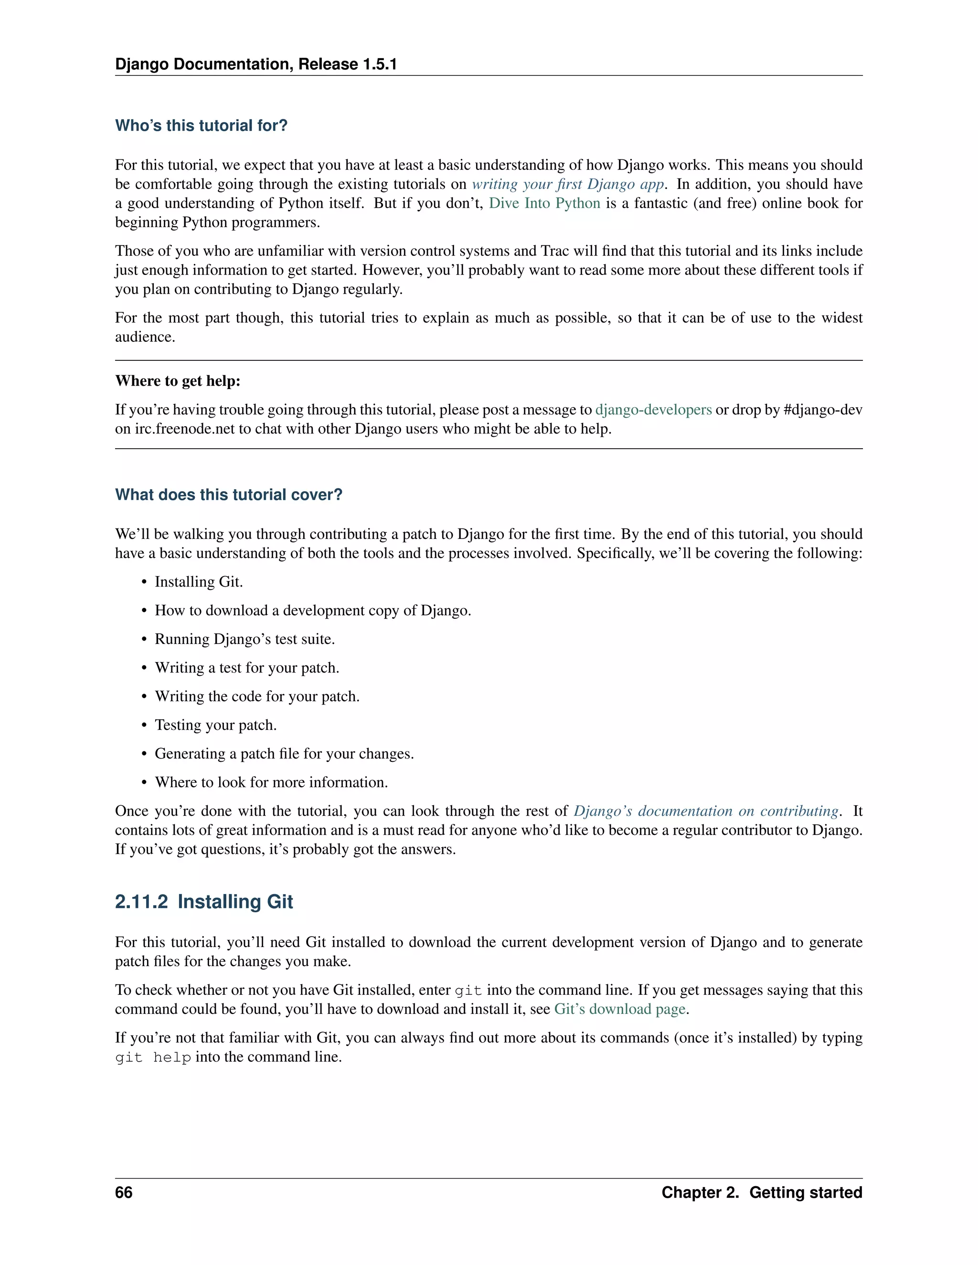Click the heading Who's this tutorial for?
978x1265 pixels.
click(x=201, y=126)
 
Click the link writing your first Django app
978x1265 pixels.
click(x=567, y=184)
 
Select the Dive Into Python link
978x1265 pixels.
click(x=544, y=203)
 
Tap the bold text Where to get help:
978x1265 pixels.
click(x=177, y=381)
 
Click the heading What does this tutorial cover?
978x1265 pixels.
click(x=228, y=495)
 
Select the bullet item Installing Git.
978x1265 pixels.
click(x=198, y=582)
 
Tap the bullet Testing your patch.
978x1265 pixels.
click(x=215, y=725)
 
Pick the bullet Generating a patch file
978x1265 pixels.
click(x=284, y=754)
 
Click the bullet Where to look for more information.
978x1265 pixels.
click(x=271, y=782)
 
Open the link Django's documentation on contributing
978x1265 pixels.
click(x=706, y=812)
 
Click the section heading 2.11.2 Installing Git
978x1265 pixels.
click(x=204, y=902)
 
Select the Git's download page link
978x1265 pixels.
click(x=619, y=1010)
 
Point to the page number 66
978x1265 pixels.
click(x=124, y=1192)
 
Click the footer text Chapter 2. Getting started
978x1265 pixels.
click(x=761, y=1192)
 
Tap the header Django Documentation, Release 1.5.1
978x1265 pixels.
click(x=255, y=64)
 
